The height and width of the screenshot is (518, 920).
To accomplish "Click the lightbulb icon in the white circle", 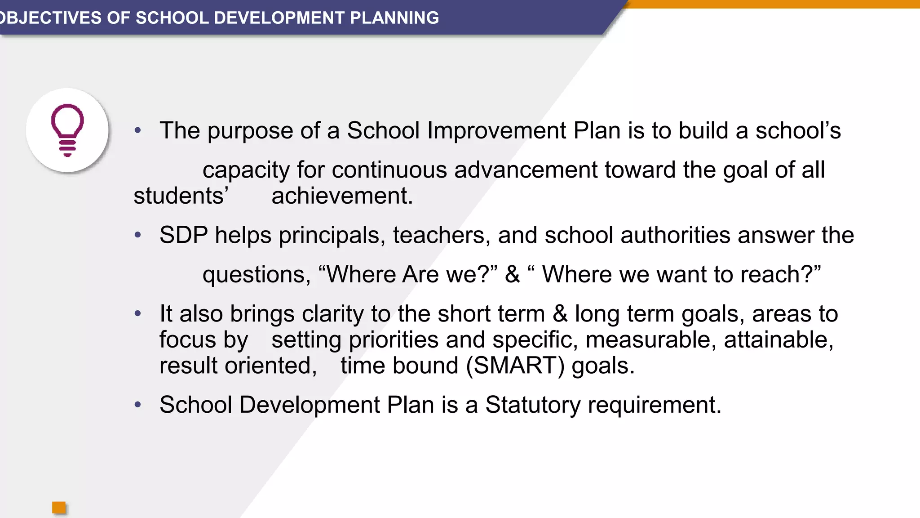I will [x=67, y=130].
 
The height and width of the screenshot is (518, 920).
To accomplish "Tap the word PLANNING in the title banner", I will [x=394, y=18].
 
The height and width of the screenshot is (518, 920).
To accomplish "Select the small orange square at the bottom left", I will [x=59, y=508].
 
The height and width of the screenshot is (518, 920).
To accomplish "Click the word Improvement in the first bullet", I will [x=497, y=131].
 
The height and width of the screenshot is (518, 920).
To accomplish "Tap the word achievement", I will [x=342, y=196].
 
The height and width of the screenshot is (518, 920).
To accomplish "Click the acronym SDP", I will [x=184, y=235].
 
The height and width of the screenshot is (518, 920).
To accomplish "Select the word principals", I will [x=332, y=236].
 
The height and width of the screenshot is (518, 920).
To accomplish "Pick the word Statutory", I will [x=533, y=405].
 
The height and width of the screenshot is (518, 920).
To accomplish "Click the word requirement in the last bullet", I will [x=654, y=405].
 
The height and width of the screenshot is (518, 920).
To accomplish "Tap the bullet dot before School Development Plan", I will [x=138, y=404].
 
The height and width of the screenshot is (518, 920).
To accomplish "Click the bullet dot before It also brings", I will [x=138, y=313].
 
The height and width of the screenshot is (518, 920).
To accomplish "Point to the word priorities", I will [x=394, y=340].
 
